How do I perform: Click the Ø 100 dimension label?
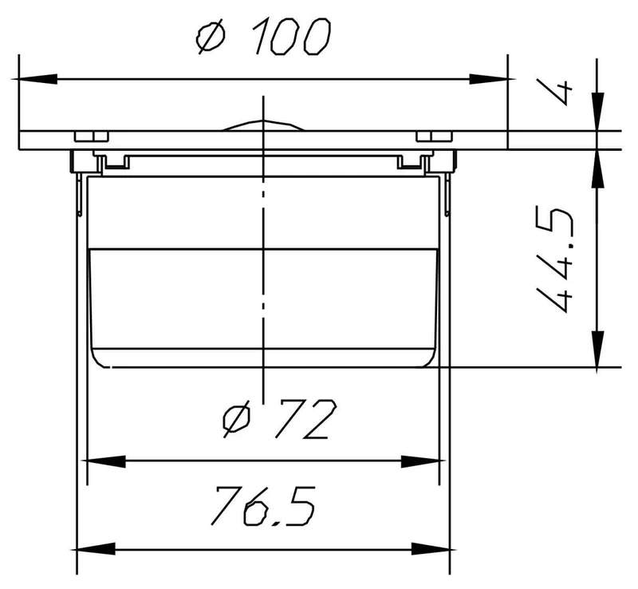pos(263,36)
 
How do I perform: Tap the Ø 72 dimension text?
pos(280,418)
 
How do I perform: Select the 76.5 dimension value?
pos(262,505)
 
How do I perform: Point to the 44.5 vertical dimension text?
pos(555,261)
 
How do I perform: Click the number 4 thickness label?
pos(555,91)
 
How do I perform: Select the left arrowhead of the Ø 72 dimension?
pos(106,461)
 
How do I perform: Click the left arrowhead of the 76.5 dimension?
pos(96,549)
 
